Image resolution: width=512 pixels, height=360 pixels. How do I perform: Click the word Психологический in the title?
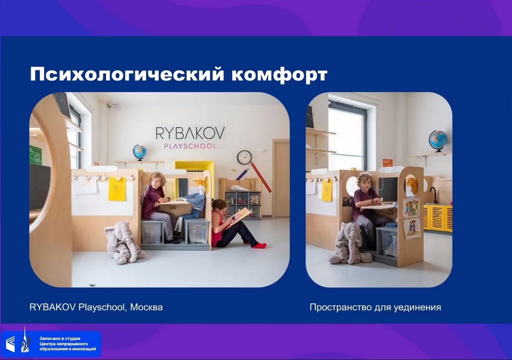(127, 74)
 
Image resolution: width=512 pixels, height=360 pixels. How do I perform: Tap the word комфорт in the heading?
(279, 75)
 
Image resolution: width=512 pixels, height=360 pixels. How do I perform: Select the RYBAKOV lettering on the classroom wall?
(190, 133)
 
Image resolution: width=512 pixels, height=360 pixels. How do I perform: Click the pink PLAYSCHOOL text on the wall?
(190, 146)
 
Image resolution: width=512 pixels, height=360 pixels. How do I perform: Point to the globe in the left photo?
(140, 152)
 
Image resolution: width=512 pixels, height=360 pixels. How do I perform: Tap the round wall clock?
(244, 157)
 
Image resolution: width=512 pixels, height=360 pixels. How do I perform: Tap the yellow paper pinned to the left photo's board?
(117, 189)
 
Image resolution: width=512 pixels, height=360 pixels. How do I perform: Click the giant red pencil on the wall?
(261, 177)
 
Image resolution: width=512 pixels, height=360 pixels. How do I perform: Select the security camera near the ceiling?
(110, 105)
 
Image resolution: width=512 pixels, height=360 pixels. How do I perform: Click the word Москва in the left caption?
(146, 307)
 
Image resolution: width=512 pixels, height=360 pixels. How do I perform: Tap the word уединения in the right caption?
(417, 308)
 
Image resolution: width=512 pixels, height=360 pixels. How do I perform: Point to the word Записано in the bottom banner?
(49, 339)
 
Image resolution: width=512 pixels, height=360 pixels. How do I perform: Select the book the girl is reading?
(238, 218)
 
